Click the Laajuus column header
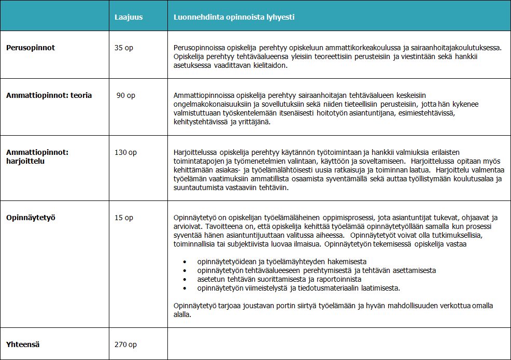[129, 17]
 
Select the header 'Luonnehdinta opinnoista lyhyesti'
[234, 17]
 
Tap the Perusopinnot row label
[31, 48]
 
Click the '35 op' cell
[124, 48]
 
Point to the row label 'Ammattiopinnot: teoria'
[49, 95]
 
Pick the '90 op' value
[126, 95]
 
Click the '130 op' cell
[125, 152]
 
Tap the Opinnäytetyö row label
[31, 218]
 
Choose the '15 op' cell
[124, 218]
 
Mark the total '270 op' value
[125, 344]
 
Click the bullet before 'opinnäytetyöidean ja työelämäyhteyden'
[185, 262]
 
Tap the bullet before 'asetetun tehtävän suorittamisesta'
[185, 279]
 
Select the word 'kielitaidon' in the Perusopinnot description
[268, 65]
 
